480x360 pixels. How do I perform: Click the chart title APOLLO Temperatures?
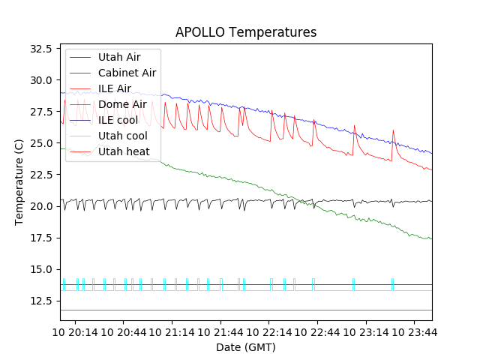pos(246,32)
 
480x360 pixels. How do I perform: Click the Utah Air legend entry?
pos(118,57)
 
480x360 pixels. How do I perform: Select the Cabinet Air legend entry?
pos(127,73)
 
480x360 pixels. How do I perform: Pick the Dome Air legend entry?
pos(122,104)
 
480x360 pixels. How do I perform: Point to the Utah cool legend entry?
pos(122,136)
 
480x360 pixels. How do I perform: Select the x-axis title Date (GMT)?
pos(246,347)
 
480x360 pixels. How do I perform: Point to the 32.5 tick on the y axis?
pos(39,49)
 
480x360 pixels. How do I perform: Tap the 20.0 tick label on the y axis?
pos(39,206)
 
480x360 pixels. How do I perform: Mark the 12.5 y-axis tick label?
pos(39,301)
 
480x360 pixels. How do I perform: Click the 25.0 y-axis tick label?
pos(39,143)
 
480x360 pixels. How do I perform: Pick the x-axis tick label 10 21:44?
pos(220,331)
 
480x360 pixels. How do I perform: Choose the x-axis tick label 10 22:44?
pos(316,331)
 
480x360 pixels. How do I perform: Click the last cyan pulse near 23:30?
pos(392,283)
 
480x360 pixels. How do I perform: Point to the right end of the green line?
pos(431,238)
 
